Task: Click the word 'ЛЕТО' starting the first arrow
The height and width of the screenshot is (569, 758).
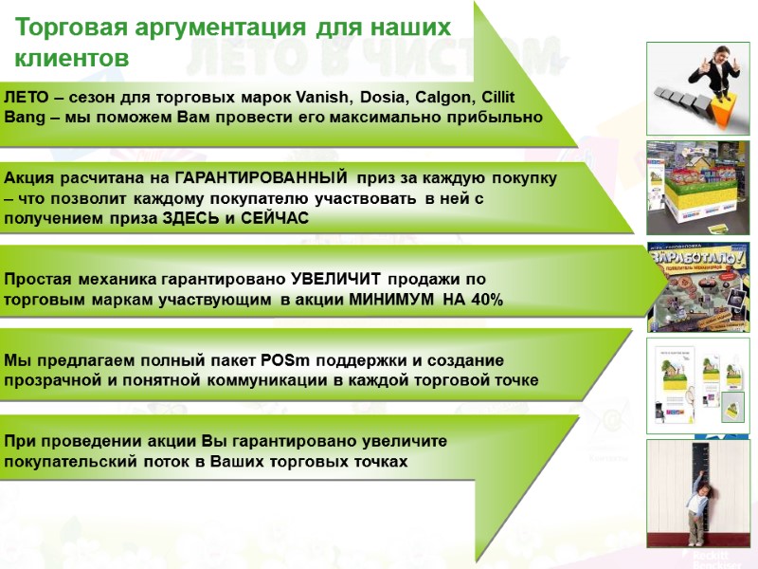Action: pos(27,97)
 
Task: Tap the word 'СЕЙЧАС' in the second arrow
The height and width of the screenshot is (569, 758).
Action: pos(274,218)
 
